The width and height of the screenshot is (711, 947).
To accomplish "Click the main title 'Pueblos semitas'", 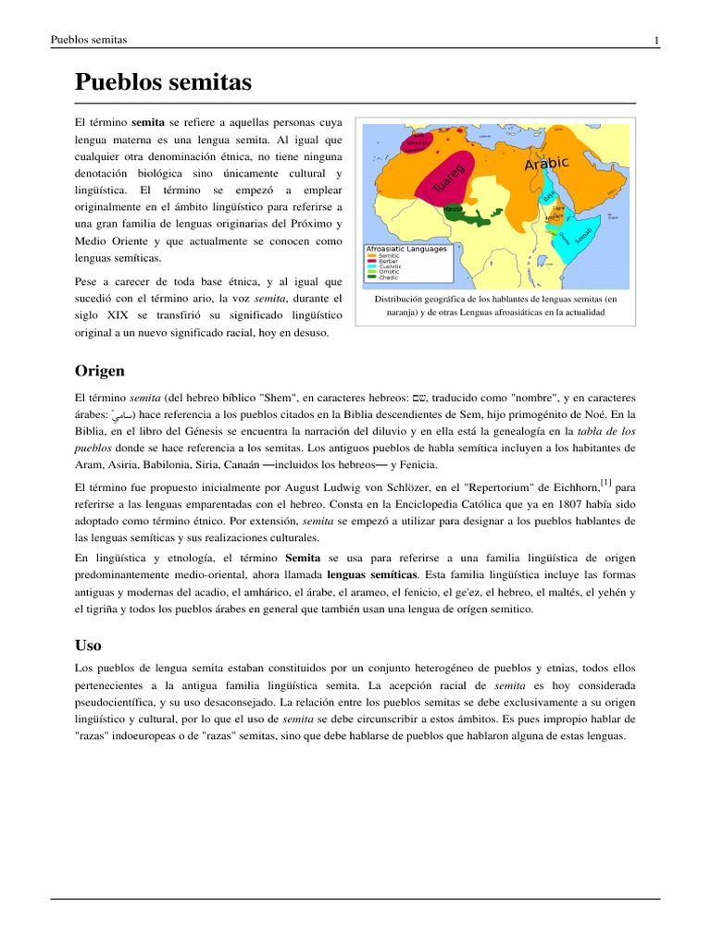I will [162, 83].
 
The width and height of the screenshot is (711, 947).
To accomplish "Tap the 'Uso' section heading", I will [88, 644].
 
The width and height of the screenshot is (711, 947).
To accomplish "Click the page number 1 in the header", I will [656, 40].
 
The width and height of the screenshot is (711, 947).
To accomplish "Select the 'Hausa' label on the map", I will [453, 210].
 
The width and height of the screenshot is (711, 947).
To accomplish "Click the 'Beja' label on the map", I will [549, 197].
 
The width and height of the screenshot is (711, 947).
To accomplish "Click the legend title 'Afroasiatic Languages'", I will [406, 249].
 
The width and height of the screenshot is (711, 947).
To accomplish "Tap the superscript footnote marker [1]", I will [605, 480].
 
